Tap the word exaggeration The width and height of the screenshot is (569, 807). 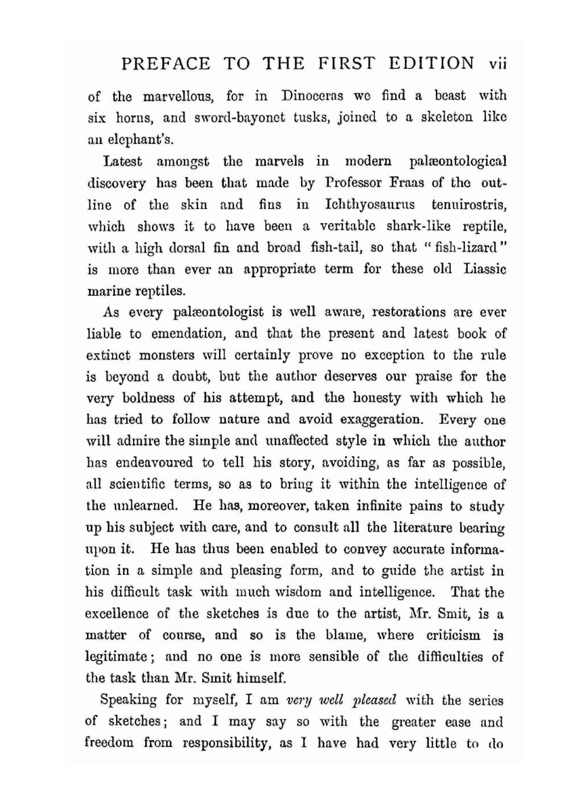pyautogui.click(x=381, y=420)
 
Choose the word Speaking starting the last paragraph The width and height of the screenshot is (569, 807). pyautogui.click(x=128, y=699)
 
